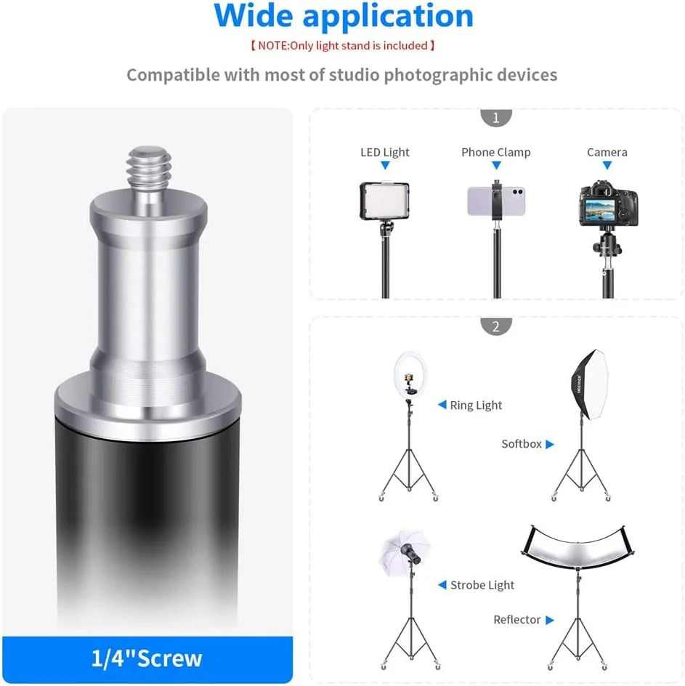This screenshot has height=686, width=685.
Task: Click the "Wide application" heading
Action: [343, 15]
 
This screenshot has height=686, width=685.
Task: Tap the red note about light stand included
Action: [343, 46]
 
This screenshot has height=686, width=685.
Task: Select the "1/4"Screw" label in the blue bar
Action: [147, 658]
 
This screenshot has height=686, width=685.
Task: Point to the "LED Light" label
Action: [385, 153]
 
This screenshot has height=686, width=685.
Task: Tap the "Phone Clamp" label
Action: [496, 153]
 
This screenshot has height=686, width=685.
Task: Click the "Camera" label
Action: [607, 153]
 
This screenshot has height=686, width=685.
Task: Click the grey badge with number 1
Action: [496, 117]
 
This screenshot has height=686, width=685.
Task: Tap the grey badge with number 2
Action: [496, 326]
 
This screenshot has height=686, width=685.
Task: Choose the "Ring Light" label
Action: [476, 405]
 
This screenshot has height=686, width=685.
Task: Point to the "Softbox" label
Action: [522, 444]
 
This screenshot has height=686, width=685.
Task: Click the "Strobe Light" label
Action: [482, 585]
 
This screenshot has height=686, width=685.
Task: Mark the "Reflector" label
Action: [517, 620]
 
